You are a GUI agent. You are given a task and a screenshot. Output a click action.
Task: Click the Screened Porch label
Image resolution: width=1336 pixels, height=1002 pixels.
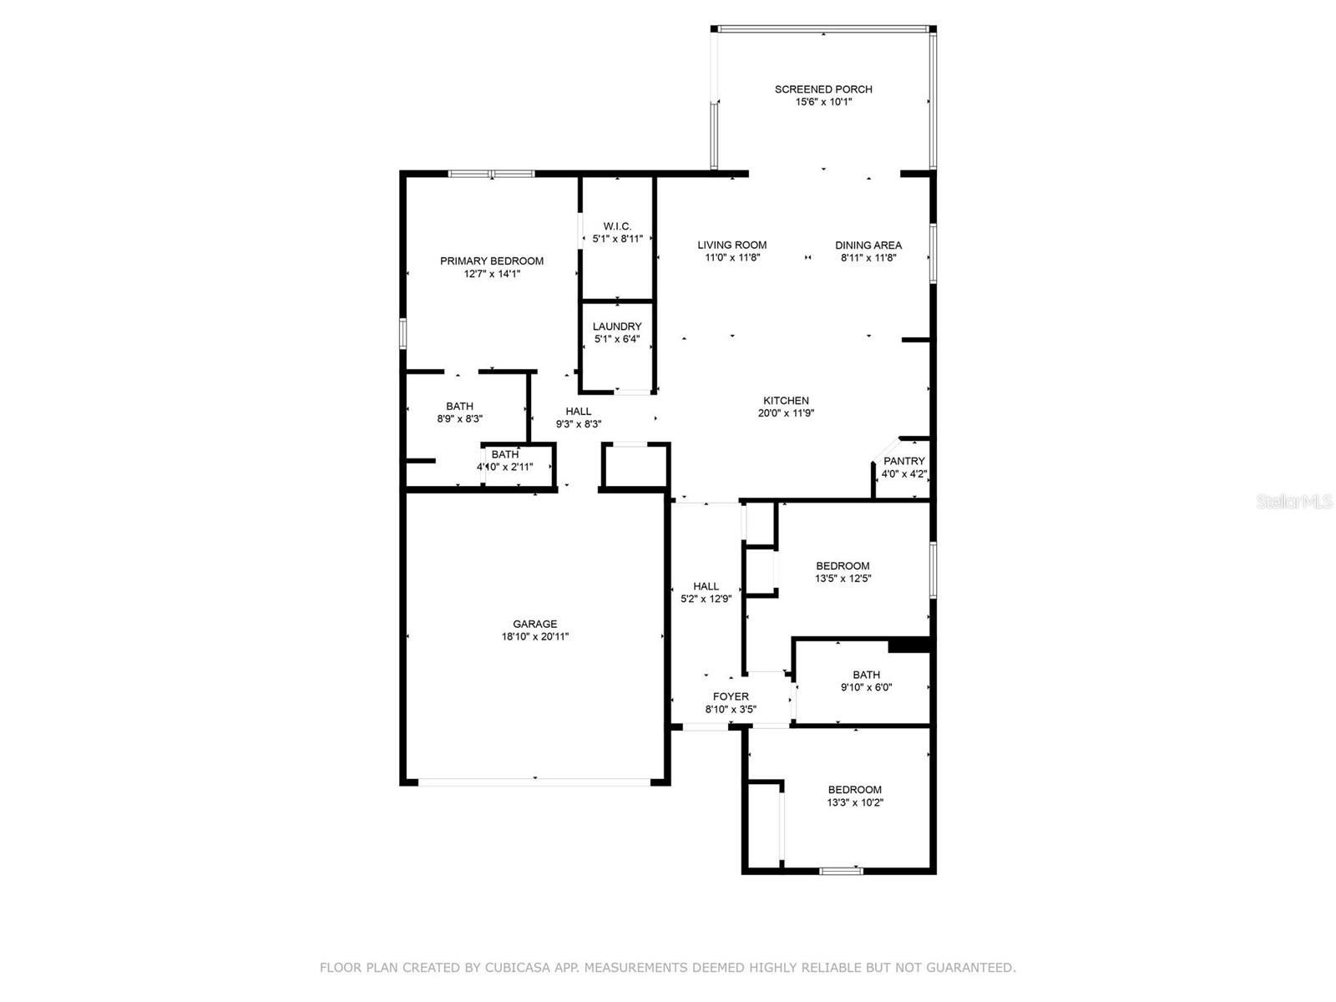[823, 89]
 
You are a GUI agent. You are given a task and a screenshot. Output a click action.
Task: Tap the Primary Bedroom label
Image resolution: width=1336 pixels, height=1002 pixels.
[492, 261]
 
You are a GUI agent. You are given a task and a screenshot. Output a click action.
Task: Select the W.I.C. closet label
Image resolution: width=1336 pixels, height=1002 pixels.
[617, 226]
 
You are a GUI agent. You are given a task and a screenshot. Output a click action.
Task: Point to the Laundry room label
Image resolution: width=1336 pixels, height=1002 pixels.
[617, 326]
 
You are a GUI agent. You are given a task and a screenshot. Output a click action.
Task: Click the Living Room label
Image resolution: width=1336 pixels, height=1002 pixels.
[732, 245]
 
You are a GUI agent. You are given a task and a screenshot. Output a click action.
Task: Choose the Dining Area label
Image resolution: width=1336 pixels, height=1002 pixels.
[868, 245]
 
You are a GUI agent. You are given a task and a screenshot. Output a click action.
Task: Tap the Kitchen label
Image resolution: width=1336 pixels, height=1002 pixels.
[787, 400]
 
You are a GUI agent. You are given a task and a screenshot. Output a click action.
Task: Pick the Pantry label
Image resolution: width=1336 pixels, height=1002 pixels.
[903, 461]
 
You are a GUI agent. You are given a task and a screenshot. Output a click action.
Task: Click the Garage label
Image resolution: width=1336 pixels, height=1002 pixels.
[535, 624]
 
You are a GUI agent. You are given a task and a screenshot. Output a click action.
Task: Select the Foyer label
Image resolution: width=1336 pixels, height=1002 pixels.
[731, 696]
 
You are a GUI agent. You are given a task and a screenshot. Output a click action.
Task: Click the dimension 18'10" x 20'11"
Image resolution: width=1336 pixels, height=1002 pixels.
[535, 637]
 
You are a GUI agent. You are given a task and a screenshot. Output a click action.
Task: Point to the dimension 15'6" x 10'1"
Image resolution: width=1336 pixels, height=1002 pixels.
[823, 102]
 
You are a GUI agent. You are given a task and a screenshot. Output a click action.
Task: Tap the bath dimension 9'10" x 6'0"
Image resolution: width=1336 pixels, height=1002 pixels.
[866, 687]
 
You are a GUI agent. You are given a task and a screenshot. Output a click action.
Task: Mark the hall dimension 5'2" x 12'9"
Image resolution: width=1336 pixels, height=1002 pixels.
[706, 599]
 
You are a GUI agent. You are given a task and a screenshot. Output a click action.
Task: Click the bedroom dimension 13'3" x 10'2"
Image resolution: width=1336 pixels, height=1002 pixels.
[855, 802]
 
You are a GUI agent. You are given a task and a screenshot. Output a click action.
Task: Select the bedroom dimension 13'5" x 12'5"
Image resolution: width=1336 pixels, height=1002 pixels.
[843, 579]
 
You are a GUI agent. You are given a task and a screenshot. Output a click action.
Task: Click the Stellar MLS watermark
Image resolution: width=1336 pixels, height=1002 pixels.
[1294, 501]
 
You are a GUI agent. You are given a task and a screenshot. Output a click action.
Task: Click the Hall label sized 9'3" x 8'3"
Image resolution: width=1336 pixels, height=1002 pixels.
[578, 412]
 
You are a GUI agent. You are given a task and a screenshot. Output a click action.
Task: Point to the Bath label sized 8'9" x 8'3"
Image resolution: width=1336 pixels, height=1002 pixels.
[459, 407]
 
